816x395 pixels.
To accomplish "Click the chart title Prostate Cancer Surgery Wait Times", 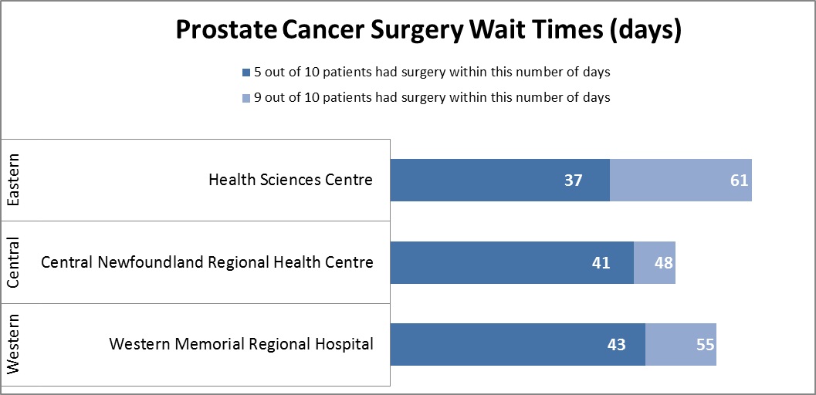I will pos(428,30).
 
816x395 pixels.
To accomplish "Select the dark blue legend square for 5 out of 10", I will pos(246,73).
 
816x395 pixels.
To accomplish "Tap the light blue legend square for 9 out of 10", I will pos(246,98).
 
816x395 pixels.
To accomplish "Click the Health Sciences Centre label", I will pos(290,180).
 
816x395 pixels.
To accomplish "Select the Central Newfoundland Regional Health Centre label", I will pos(207,262).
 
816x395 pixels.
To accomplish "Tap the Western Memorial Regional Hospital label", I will pos(241,344).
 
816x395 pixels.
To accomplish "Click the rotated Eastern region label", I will pos(13,180).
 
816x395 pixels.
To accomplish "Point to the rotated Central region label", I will pos(13,262).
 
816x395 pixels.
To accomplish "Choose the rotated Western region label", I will pos(13,345).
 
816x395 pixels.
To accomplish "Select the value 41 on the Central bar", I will pos(601,263).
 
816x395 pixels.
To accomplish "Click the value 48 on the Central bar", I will pos(663,263).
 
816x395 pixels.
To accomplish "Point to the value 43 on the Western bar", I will pos(615,345).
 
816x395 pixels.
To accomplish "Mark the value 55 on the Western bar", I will pos(705,345).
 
